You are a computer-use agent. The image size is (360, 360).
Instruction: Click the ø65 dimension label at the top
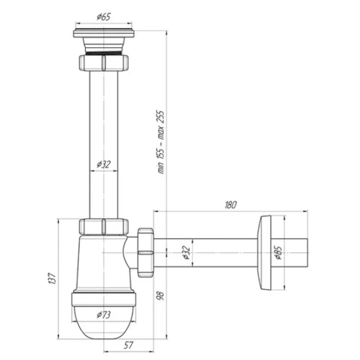pos(104,17)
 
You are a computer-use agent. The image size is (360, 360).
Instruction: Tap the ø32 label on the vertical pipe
pos(104,164)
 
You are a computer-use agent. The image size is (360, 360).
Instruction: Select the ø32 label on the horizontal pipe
pos(187,253)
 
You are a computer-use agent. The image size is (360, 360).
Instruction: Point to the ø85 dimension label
pos(278,253)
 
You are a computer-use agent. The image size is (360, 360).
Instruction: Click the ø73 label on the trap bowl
pos(104,314)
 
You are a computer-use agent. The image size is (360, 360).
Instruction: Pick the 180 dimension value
pos(230,205)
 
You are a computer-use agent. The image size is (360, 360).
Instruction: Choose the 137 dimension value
pos(52,278)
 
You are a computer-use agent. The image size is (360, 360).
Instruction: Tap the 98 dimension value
pos(160,296)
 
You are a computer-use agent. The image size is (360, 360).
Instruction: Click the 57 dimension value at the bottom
pos(128,345)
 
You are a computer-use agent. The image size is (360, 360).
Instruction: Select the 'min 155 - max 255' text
pos(161,142)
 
